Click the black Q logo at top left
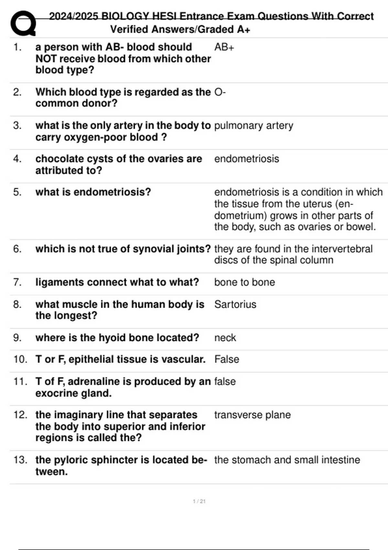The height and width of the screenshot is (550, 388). click(x=23, y=23)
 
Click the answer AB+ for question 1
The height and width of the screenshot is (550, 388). click(x=224, y=47)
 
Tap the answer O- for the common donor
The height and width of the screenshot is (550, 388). click(x=220, y=92)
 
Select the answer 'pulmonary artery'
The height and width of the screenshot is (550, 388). click(x=253, y=126)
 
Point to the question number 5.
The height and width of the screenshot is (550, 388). click(x=17, y=192)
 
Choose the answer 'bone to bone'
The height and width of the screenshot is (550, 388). click(x=244, y=282)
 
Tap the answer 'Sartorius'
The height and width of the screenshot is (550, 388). click(x=235, y=304)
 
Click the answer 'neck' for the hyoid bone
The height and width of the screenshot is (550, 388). click(x=225, y=338)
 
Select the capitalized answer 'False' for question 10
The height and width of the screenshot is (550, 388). click(x=227, y=359)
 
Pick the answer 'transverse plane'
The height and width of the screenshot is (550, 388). click(x=252, y=415)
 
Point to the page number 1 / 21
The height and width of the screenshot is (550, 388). click(x=199, y=501)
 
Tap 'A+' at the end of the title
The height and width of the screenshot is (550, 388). click(x=243, y=29)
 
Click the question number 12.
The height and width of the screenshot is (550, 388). click(x=20, y=415)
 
